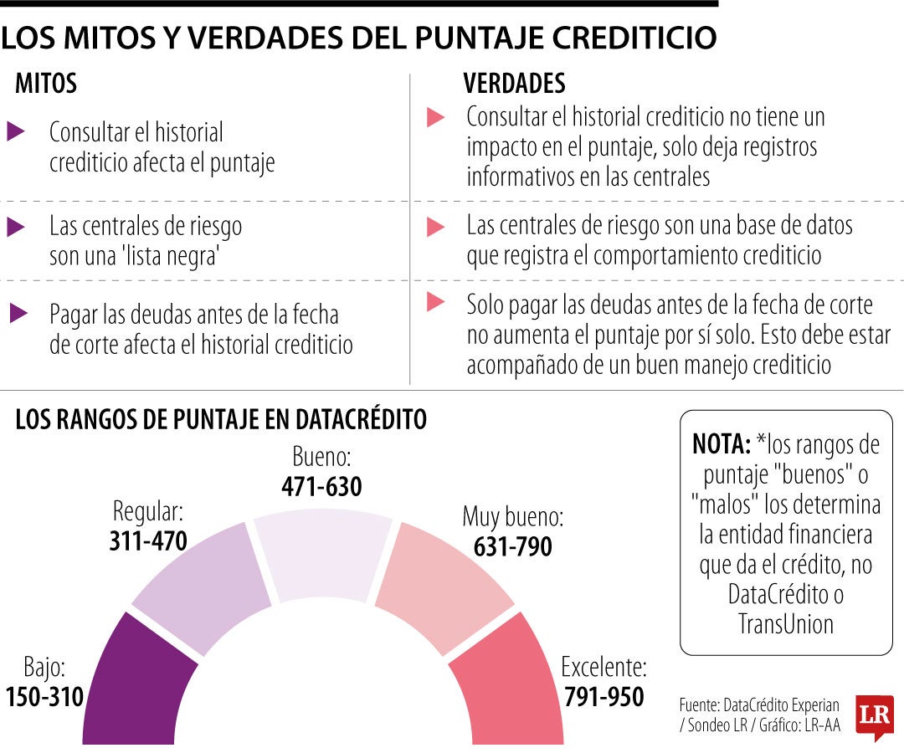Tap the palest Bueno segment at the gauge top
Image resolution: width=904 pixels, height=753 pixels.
click(323, 556)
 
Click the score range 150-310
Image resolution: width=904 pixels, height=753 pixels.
click(44, 696)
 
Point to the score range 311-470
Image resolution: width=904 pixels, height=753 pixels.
click(147, 541)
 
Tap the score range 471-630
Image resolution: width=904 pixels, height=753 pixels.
click(321, 486)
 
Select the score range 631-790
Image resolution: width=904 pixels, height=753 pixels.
click(512, 546)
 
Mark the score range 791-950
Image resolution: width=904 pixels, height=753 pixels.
click(604, 696)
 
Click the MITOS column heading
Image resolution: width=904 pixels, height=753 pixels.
click(46, 84)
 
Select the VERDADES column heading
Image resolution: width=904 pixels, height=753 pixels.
click(514, 84)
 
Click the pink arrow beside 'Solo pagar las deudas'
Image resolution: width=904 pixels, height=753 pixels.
click(434, 302)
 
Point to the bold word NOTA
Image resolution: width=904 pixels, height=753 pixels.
click(721, 443)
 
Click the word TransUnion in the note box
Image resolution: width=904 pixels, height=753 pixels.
click(786, 623)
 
